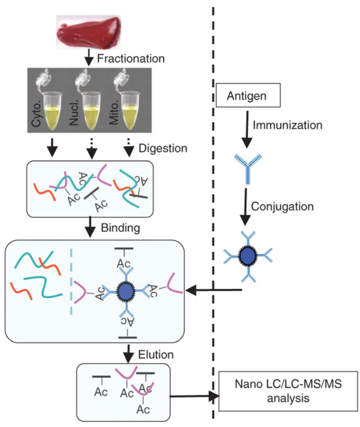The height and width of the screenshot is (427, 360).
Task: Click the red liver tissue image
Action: coord(88,30)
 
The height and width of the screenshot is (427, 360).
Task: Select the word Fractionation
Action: coord(131,58)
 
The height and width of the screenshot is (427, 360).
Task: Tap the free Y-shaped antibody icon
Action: coord(247,168)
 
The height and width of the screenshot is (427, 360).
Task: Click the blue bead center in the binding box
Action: coord(124,291)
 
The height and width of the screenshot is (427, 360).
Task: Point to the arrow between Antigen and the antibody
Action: coord(247,129)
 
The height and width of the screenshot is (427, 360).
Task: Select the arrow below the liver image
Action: coord(89,57)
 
